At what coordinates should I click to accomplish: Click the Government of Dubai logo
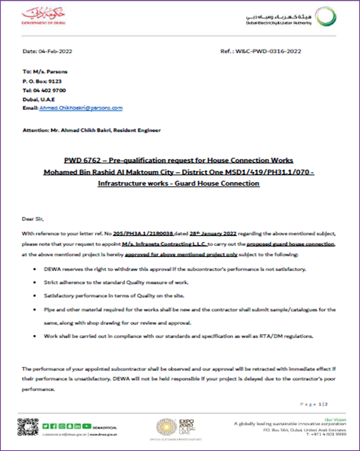pyautogui.click(x=43, y=16)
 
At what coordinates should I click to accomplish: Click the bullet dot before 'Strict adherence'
pyautogui.click(x=35, y=283)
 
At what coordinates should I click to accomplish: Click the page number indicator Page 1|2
pyautogui.click(x=313, y=405)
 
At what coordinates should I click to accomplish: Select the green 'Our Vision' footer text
pyautogui.click(x=335, y=419)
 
